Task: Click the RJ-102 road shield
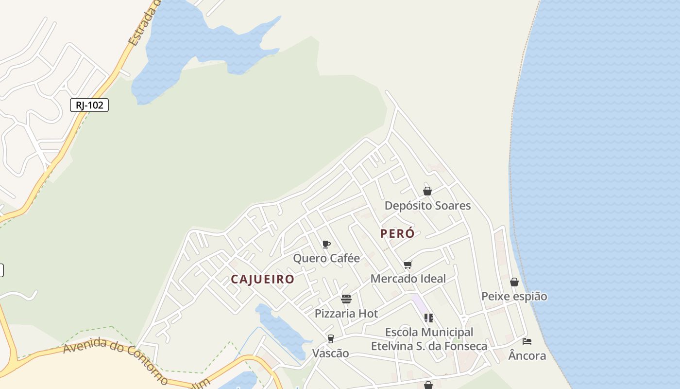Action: coord(89,105)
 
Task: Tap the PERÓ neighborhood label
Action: coord(397,233)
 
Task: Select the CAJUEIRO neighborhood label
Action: coord(262,279)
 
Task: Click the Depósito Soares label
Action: coord(427,206)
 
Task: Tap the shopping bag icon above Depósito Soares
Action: coord(427,191)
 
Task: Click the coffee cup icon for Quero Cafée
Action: coord(326,244)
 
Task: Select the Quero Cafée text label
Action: coord(326,258)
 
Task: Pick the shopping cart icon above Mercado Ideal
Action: coord(408,265)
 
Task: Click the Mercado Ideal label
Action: coord(408,279)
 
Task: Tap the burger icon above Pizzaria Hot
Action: coord(346,299)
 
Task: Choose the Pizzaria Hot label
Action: coord(346,314)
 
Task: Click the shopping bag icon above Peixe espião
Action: coord(514,282)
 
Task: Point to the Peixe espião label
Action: coord(514,296)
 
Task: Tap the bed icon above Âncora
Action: coord(527,341)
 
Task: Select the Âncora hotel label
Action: coord(527,356)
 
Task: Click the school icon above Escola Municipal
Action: coord(428,318)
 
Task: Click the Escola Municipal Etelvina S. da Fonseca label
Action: coord(429,339)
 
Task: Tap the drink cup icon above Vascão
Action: coord(331,338)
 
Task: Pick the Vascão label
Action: coord(330,354)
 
